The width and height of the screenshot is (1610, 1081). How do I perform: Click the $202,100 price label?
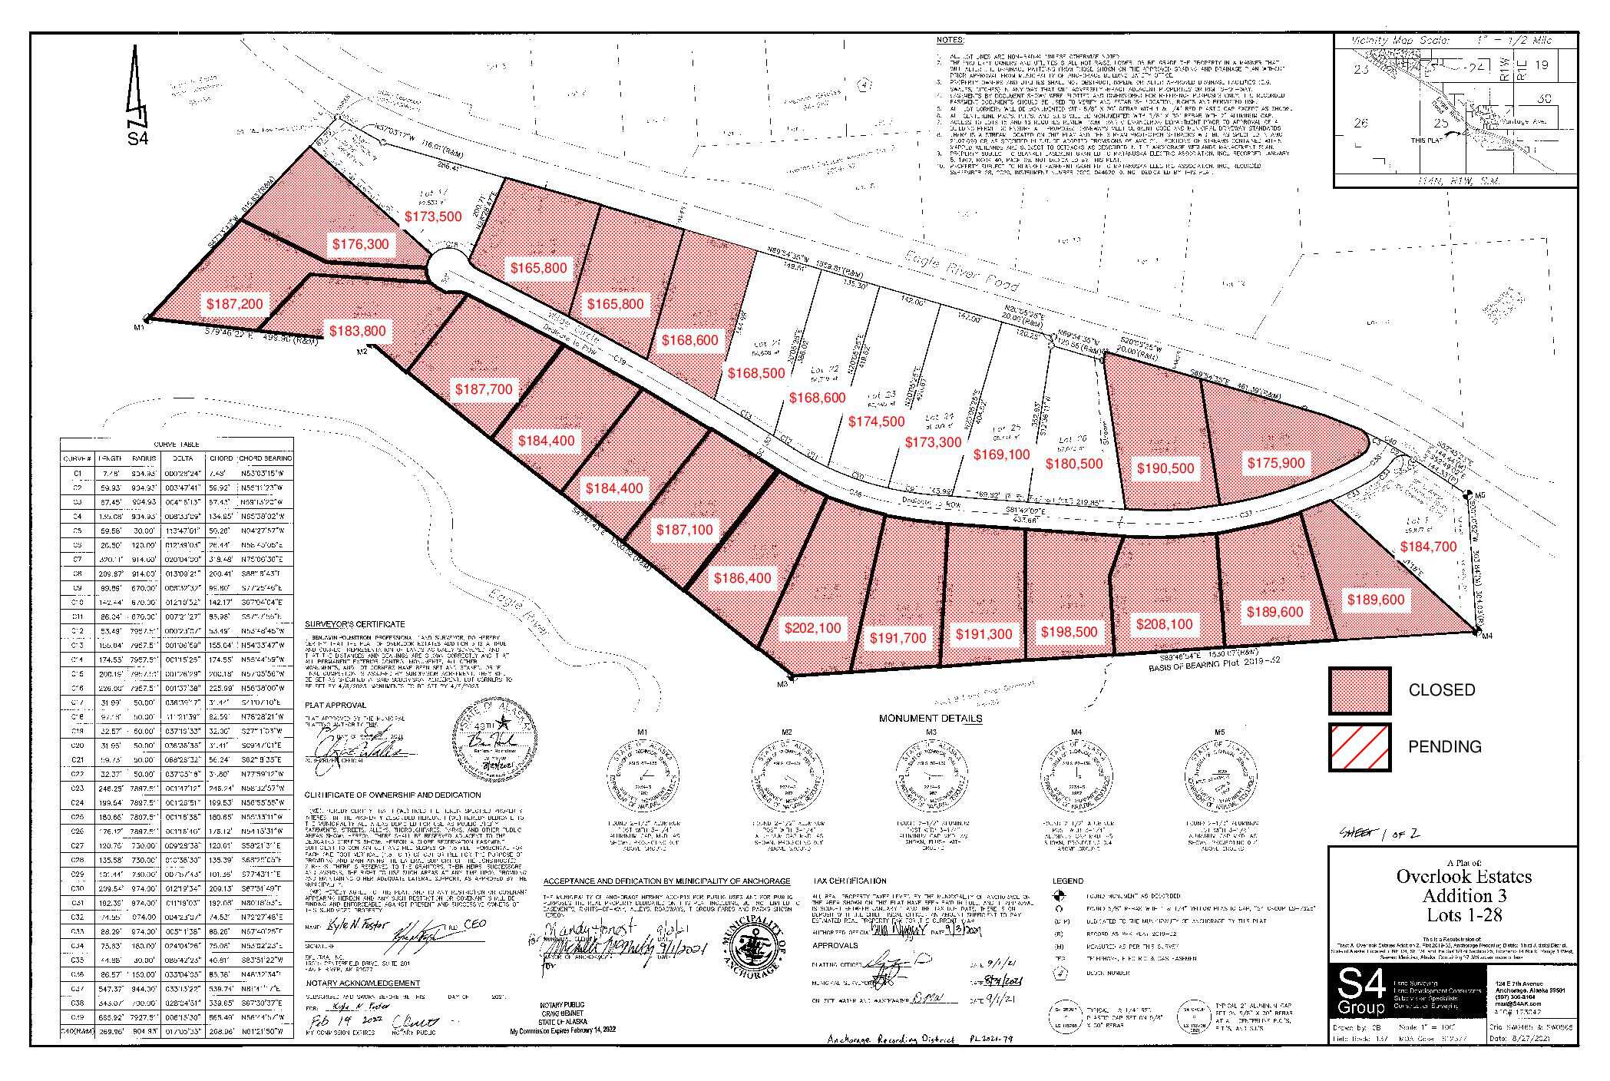pyautogui.click(x=812, y=628)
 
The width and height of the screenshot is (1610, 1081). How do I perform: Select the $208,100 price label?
pyautogui.click(x=1164, y=624)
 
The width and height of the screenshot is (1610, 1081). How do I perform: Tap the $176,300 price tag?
pyautogui.click(x=360, y=244)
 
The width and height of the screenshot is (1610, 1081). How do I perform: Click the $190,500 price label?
pyautogui.click(x=1165, y=468)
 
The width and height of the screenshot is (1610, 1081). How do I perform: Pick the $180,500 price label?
pyautogui.click(x=1074, y=464)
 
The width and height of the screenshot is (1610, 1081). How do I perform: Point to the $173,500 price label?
pyautogui.click(x=433, y=217)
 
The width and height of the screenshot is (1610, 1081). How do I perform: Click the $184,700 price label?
pyautogui.click(x=1428, y=547)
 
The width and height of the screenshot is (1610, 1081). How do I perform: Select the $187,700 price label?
pyautogui.click(x=483, y=389)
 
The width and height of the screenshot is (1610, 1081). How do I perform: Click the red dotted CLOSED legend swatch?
pyautogui.click(x=1360, y=690)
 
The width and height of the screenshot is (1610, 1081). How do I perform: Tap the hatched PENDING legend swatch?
pyautogui.click(x=1360, y=746)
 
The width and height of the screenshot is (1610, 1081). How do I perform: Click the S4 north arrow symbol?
pyautogui.click(x=136, y=96)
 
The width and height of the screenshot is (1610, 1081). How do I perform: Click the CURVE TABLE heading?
pyautogui.click(x=177, y=445)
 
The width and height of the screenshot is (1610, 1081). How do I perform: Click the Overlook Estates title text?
pyautogui.click(x=1463, y=876)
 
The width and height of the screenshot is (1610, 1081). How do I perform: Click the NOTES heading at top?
pyautogui.click(x=950, y=39)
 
